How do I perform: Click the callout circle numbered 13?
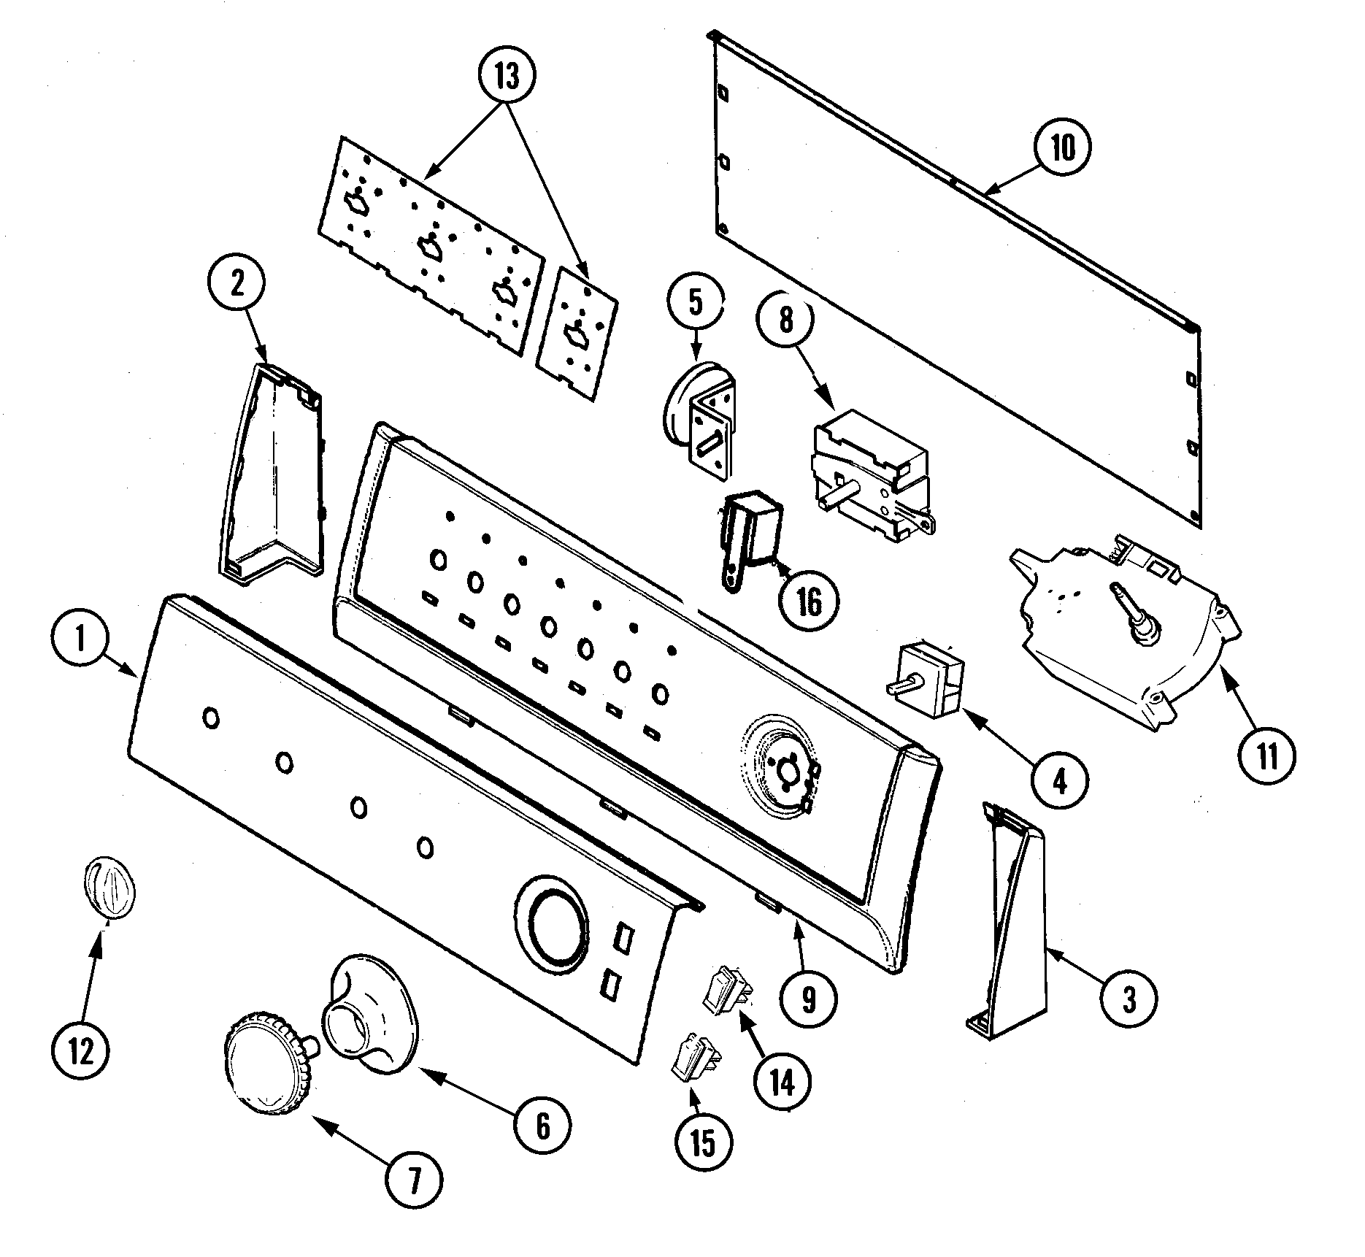pyautogui.click(x=507, y=74)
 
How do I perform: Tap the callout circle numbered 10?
pyautogui.click(x=1064, y=148)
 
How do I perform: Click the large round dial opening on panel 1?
pyautogui.click(x=558, y=923)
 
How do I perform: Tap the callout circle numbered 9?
pyautogui.click(x=808, y=999)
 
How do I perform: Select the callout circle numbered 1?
pyautogui.click(x=80, y=641)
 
